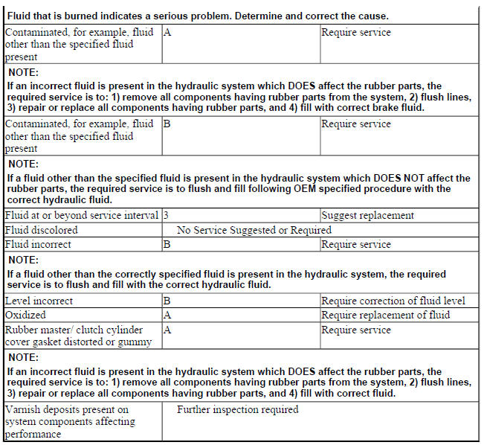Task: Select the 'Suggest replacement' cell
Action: [367, 216]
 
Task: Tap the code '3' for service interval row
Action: [166, 216]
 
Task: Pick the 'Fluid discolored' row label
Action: [41, 230]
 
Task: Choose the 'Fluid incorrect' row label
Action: [38, 244]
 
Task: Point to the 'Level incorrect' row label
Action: [39, 301]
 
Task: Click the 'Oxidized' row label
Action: [25, 315]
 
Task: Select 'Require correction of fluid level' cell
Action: [393, 301]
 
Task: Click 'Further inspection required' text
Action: [237, 409]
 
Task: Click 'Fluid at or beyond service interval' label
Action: [82, 216]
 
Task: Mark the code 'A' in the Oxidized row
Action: [167, 315]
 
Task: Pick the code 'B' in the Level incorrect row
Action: [167, 301]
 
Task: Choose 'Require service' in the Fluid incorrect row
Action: [355, 244]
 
